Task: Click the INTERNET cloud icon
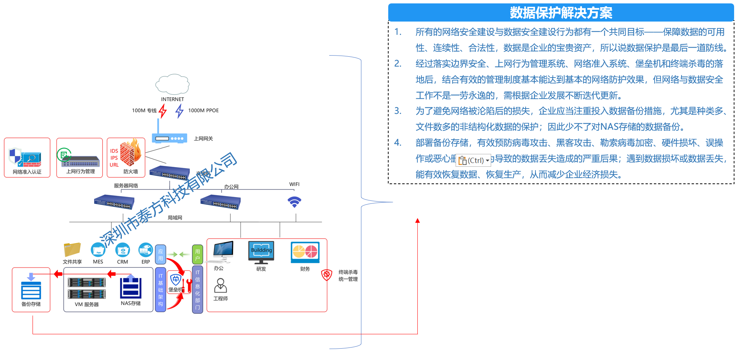172,84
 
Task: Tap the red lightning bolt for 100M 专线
163,111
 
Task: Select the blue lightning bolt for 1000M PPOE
179,111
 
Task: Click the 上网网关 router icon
170,138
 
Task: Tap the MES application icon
98,250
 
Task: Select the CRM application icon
123,250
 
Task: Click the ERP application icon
146,250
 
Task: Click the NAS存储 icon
131,287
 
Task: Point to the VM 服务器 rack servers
87,288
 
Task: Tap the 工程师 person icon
220,286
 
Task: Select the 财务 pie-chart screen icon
305,252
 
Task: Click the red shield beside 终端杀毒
327,275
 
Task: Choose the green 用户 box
198,254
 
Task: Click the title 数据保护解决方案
561,13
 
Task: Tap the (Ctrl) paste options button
473,160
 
